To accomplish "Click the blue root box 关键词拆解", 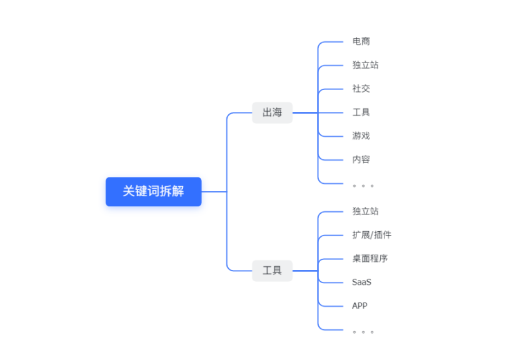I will click(x=153, y=191).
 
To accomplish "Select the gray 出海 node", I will click(x=272, y=112).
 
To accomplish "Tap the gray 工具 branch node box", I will click(x=272, y=271).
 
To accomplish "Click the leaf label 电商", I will click(x=361, y=41).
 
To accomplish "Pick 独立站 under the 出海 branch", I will click(x=365, y=65).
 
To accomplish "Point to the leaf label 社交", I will click(x=361, y=89).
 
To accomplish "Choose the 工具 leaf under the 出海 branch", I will click(x=361, y=112).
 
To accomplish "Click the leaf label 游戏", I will click(x=361, y=136).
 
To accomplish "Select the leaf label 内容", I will click(x=361, y=159).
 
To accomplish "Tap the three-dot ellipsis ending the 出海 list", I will click(x=363, y=185).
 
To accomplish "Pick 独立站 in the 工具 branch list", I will click(x=365, y=211).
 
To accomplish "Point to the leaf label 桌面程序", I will click(x=370, y=258).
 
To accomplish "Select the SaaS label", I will click(x=361, y=282).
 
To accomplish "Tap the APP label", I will click(x=360, y=306).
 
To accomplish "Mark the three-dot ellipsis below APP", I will click(x=363, y=331).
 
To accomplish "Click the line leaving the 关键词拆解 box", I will click(x=214, y=191).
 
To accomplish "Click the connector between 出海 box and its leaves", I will click(x=305, y=112).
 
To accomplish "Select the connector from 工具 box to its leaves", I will click(x=305, y=271).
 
